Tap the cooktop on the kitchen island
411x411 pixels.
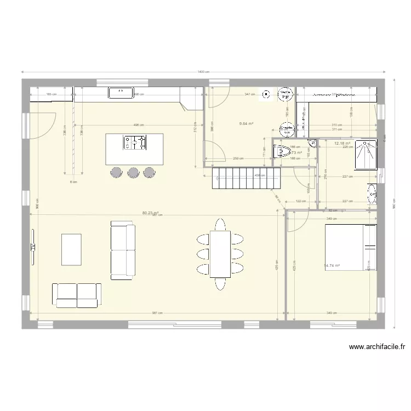coord(135,142)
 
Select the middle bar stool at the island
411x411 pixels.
coord(133,172)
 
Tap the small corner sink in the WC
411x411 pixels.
coord(312,144)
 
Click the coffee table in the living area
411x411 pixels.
coord(72,249)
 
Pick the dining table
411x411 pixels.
coord(220,254)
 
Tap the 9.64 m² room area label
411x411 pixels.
coord(246,124)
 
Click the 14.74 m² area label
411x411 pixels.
coord(332,266)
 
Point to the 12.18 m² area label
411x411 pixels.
coord(342,144)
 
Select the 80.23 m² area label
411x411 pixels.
coord(150,213)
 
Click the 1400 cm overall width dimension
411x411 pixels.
coord(204,72)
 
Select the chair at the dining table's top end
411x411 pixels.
coord(220,224)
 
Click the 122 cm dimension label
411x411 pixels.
coord(301,201)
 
